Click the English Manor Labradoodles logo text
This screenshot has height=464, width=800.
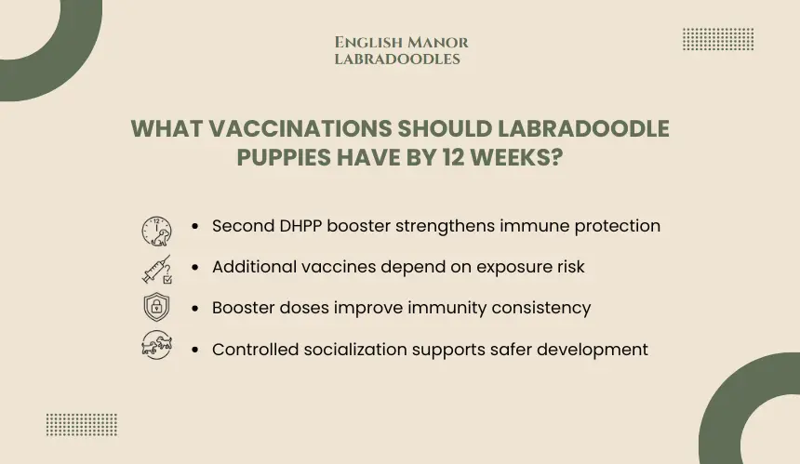pyautogui.click(x=402, y=50)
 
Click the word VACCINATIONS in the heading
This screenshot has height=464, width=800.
pyautogui.click(x=300, y=128)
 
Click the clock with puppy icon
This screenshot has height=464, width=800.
pyautogui.click(x=156, y=231)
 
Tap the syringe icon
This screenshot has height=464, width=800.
pyautogui.click(x=156, y=270)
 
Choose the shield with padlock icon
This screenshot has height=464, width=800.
pyautogui.click(x=156, y=307)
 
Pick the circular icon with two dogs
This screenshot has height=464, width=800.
pyautogui.click(x=156, y=345)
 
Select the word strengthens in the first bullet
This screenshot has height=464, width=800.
pyautogui.click(x=445, y=226)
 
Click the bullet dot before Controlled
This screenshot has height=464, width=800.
pyautogui.click(x=195, y=350)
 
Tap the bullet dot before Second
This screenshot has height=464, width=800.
pyautogui.click(x=195, y=226)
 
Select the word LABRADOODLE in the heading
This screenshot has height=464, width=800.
pyautogui.click(x=582, y=128)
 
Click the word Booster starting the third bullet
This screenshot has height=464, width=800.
pyautogui.click(x=244, y=308)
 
